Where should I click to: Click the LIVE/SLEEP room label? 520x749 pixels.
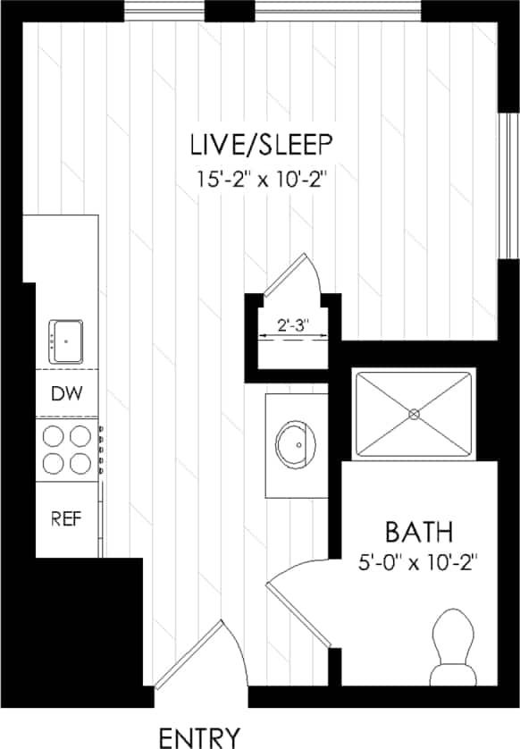click(261, 144)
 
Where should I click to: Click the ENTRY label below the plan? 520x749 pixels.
click(199, 736)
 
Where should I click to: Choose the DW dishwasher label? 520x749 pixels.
click(62, 393)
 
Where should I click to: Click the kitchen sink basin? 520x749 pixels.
click(65, 340)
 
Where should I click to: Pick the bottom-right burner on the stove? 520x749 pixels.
click(80, 463)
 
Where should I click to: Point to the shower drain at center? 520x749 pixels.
click(414, 414)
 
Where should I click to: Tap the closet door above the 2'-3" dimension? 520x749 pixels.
click(290, 273)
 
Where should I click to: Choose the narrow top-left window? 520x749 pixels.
click(164, 11)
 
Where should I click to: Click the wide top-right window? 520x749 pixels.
click(339, 11)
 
